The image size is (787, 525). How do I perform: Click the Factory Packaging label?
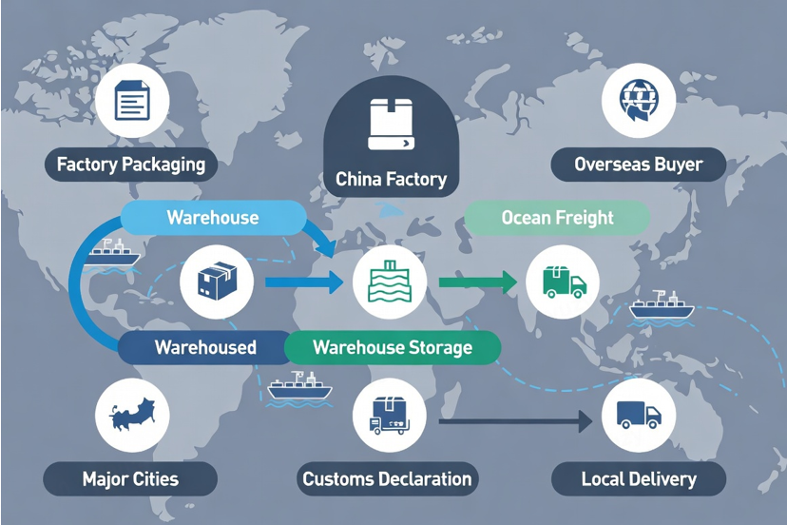pyautogui.click(x=131, y=165)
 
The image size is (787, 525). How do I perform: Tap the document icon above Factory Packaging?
pyautogui.click(x=132, y=100)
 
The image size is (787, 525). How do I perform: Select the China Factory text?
pyautogui.click(x=391, y=179)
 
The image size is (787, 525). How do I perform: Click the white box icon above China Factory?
pyautogui.click(x=391, y=124)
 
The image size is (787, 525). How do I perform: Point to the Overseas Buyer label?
pyautogui.click(x=639, y=165)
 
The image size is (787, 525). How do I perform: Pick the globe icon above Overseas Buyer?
pyautogui.click(x=639, y=100)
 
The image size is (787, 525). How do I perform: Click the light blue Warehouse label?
pyautogui.click(x=213, y=218)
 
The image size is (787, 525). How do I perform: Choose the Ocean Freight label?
pyautogui.click(x=557, y=218)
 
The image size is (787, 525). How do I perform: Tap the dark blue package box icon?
pyautogui.click(x=218, y=281)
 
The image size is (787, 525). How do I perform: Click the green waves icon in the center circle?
pyautogui.click(x=390, y=282)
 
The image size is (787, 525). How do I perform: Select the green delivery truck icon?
pyautogui.click(x=565, y=282)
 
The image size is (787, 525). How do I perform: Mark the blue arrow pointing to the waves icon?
pyautogui.click(x=304, y=282)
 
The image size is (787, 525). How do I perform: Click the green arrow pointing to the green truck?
pyautogui.click(x=478, y=282)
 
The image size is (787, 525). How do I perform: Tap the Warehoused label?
pyautogui.click(x=205, y=347)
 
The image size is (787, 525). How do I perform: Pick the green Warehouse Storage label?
pyautogui.click(x=393, y=347)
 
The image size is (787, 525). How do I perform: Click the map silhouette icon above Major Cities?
pyautogui.click(x=132, y=414)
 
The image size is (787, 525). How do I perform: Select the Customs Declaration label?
pyautogui.click(x=387, y=478)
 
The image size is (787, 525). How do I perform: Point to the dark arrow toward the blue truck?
pyautogui.click(x=516, y=421)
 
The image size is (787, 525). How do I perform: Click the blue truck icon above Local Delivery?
pyautogui.click(x=639, y=415)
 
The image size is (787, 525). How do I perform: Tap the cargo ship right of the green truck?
pyautogui.click(x=662, y=306)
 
